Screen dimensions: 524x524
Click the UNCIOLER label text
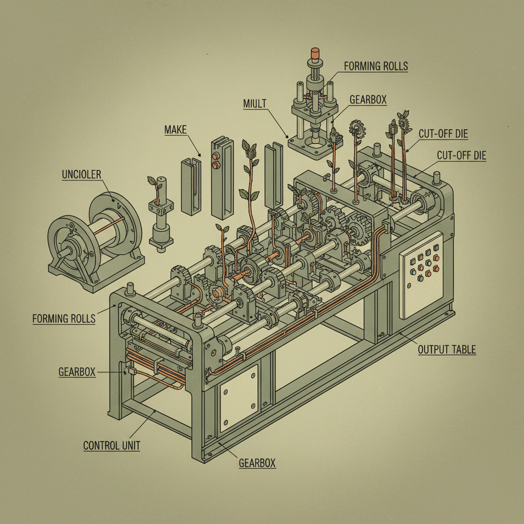click(81, 174)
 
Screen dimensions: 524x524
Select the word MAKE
click(176, 130)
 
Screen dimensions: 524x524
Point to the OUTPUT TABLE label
click(447, 350)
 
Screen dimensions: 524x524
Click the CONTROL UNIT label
click(112, 446)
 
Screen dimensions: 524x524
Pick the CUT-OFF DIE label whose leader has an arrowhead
click(443, 134)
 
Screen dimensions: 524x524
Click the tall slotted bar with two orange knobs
click(219, 177)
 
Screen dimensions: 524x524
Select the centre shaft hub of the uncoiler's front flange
click(67, 252)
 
